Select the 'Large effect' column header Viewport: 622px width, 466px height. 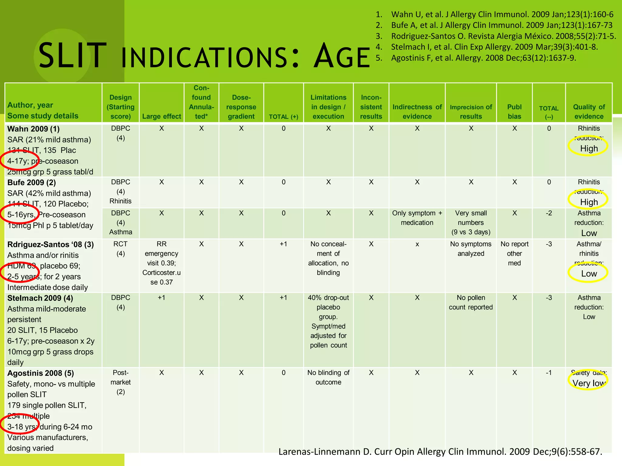point(162,116)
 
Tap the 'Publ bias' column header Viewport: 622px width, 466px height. point(514,112)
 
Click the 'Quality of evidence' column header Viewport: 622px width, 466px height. point(589,112)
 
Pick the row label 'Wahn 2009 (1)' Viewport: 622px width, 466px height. point(33,129)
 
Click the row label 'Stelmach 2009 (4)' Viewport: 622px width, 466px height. point(40,298)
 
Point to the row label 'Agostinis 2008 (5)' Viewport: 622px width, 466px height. point(40,373)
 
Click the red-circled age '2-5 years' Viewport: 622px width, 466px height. point(20,276)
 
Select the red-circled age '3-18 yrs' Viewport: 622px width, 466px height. point(20,427)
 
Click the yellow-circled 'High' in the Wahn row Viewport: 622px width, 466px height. point(589,148)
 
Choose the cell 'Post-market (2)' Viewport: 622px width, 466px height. point(121,382)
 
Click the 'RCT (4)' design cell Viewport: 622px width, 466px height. point(121,249)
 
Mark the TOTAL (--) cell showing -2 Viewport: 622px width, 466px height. point(549,213)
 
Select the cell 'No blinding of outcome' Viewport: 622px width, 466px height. point(328,377)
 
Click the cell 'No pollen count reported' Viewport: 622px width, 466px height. point(471,302)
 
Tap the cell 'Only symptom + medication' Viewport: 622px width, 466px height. point(417,218)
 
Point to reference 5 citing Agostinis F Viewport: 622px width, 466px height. point(483,58)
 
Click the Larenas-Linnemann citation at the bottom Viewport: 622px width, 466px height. point(440,452)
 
